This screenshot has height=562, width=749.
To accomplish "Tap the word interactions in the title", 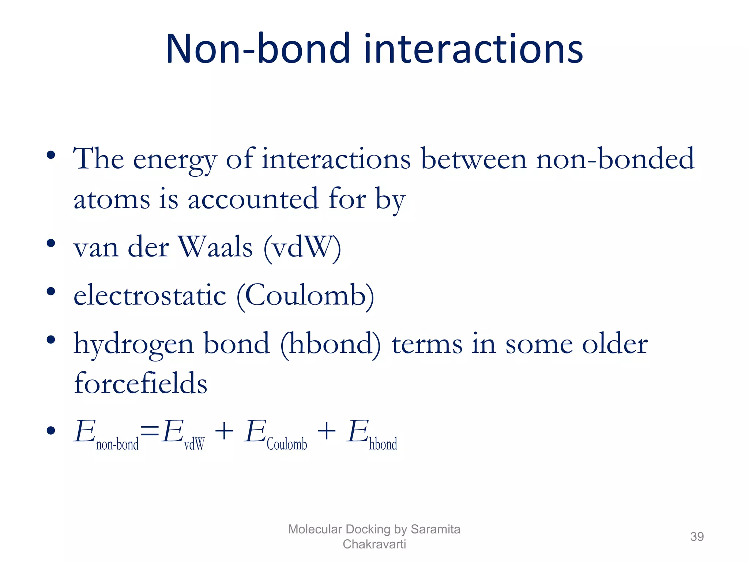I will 473,49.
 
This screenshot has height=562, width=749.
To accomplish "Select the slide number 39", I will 697,536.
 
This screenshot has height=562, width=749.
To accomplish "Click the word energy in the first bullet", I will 175,160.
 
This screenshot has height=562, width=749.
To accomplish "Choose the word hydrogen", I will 133,344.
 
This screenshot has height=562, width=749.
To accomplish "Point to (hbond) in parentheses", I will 330,344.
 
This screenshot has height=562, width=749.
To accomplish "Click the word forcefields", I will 140,383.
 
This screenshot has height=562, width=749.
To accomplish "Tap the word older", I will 615,344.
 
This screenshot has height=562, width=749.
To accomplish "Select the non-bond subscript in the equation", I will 117,444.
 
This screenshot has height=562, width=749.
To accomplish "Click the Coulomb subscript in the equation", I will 287,444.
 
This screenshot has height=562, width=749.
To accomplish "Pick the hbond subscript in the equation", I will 383,444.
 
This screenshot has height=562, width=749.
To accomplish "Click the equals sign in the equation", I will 150,432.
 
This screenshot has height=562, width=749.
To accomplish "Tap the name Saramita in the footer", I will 435,529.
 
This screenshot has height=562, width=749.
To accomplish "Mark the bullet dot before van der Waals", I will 51,243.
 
